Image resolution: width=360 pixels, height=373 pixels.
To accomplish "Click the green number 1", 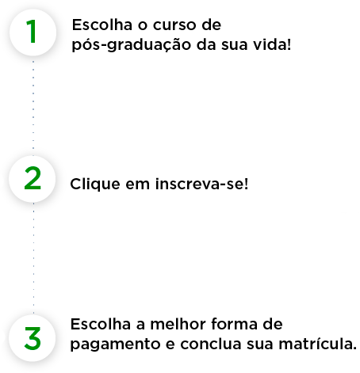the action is [x=32, y=31].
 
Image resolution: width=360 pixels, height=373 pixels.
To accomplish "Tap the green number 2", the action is [x=33, y=178].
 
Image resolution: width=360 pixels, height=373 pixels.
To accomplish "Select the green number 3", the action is [x=33, y=338].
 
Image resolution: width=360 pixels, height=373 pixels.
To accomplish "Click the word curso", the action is [x=174, y=25].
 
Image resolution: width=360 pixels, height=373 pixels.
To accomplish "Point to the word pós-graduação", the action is [x=132, y=45].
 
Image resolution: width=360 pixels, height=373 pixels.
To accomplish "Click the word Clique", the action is [x=95, y=184].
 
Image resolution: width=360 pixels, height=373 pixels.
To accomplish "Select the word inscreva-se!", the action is [x=202, y=184].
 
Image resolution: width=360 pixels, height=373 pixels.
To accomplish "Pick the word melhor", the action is [x=178, y=324].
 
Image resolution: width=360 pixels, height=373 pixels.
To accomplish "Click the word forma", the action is [x=234, y=324].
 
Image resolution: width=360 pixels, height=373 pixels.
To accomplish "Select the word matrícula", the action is [x=318, y=344].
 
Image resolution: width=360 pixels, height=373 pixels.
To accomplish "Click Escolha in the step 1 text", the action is [x=102, y=25].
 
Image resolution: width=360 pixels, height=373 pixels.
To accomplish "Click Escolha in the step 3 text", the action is [x=101, y=324].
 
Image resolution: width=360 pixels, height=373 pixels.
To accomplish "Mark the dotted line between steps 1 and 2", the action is [x=33, y=105].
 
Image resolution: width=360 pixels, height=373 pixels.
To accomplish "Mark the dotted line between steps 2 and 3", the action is [x=33, y=257].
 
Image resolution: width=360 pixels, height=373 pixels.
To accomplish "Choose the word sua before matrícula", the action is [x=260, y=344].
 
